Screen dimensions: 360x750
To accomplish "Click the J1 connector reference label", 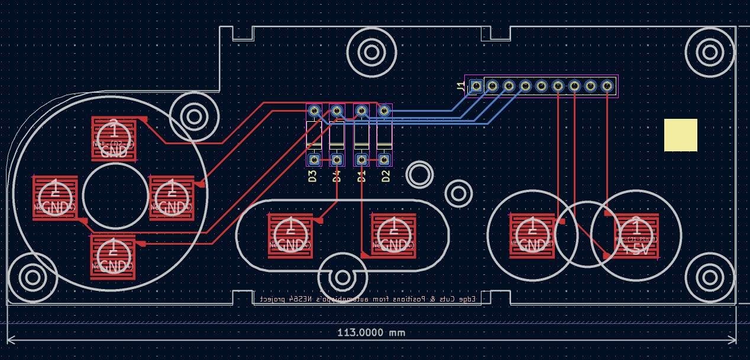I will [461, 87].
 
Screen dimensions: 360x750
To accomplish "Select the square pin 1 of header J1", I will [476, 86].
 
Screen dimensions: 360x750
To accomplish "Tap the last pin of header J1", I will [607, 86].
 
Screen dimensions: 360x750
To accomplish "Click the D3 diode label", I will [313, 176].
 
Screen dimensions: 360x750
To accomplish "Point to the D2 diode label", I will [386, 176].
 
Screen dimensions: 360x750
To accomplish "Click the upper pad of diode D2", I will [384, 110].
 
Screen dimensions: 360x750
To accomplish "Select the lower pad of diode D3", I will [314, 160].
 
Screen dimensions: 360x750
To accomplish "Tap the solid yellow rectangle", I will [680, 135].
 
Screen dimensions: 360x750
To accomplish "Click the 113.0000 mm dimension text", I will [371, 332].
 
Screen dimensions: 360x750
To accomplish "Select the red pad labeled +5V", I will [636, 236].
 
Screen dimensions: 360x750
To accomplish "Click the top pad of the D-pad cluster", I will [114, 138].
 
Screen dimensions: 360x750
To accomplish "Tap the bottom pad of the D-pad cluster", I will [112, 257].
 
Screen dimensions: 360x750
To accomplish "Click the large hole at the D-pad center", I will [115, 196].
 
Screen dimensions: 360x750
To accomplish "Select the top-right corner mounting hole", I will [709, 52].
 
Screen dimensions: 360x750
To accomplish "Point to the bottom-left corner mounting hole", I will [33, 277].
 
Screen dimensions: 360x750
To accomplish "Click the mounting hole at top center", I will [371, 52].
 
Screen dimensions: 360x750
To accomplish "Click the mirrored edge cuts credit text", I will [367, 299].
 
